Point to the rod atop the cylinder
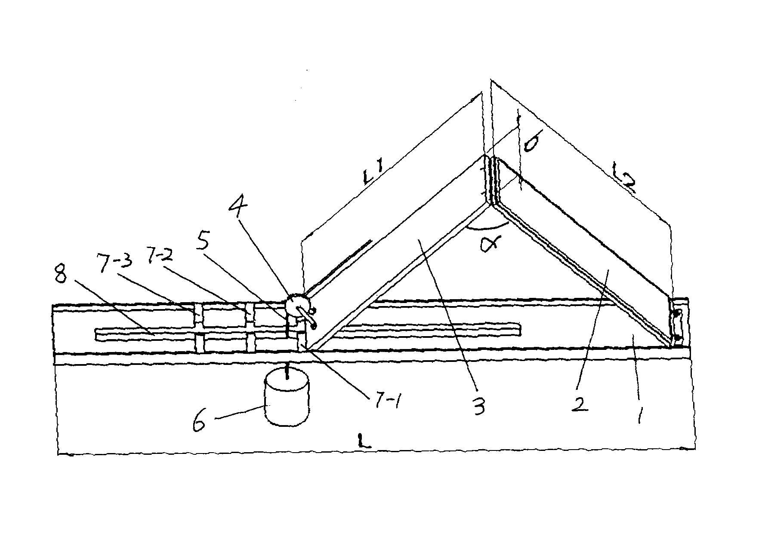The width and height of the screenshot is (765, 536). [x=287, y=371]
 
